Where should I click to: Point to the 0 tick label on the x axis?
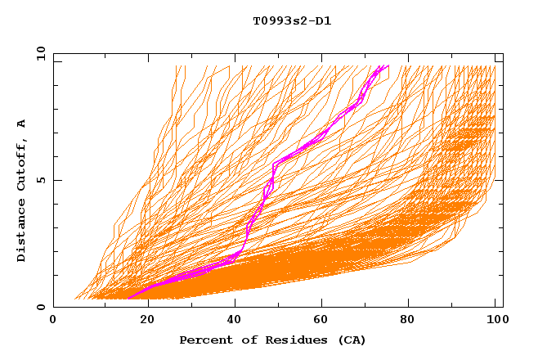(54, 321)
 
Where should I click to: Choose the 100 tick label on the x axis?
(495, 321)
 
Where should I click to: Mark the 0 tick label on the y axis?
(41, 308)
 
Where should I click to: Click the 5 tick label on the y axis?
(41, 180)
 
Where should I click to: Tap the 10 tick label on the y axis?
(38, 53)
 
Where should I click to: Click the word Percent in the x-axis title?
(203, 340)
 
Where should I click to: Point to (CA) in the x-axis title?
(349, 340)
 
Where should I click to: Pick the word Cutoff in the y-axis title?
(22, 163)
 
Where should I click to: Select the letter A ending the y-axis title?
(22, 124)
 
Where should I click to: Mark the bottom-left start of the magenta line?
(128, 299)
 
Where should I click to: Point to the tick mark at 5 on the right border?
(500, 180)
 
